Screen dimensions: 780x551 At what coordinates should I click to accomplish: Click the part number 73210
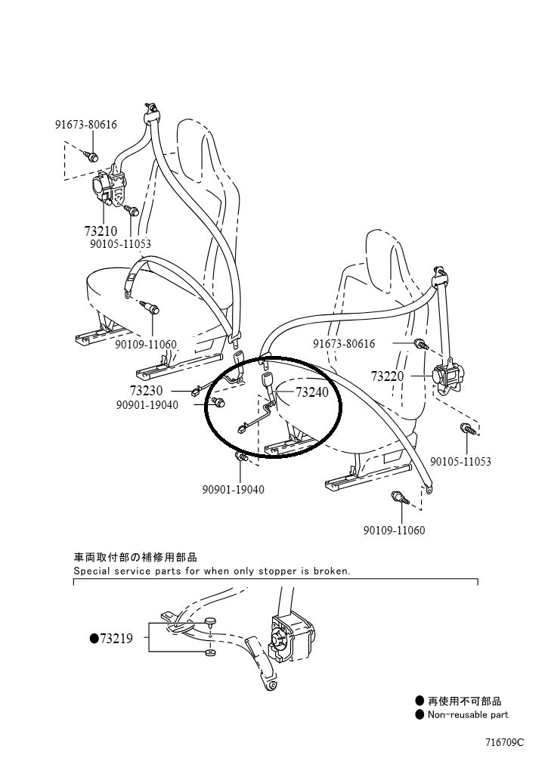tap(101, 230)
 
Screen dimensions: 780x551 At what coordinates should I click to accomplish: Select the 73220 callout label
tap(388, 376)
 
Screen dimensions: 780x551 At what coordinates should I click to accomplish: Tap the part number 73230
tap(146, 390)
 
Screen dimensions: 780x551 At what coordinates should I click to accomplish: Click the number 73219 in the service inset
tap(116, 639)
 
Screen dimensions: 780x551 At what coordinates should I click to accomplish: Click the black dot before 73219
tap(94, 639)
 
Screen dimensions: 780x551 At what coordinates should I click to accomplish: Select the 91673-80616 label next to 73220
tap(344, 344)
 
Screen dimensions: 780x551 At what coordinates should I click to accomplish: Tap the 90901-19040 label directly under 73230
tap(147, 404)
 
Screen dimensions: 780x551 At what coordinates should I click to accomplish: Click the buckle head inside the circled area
tap(267, 381)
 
